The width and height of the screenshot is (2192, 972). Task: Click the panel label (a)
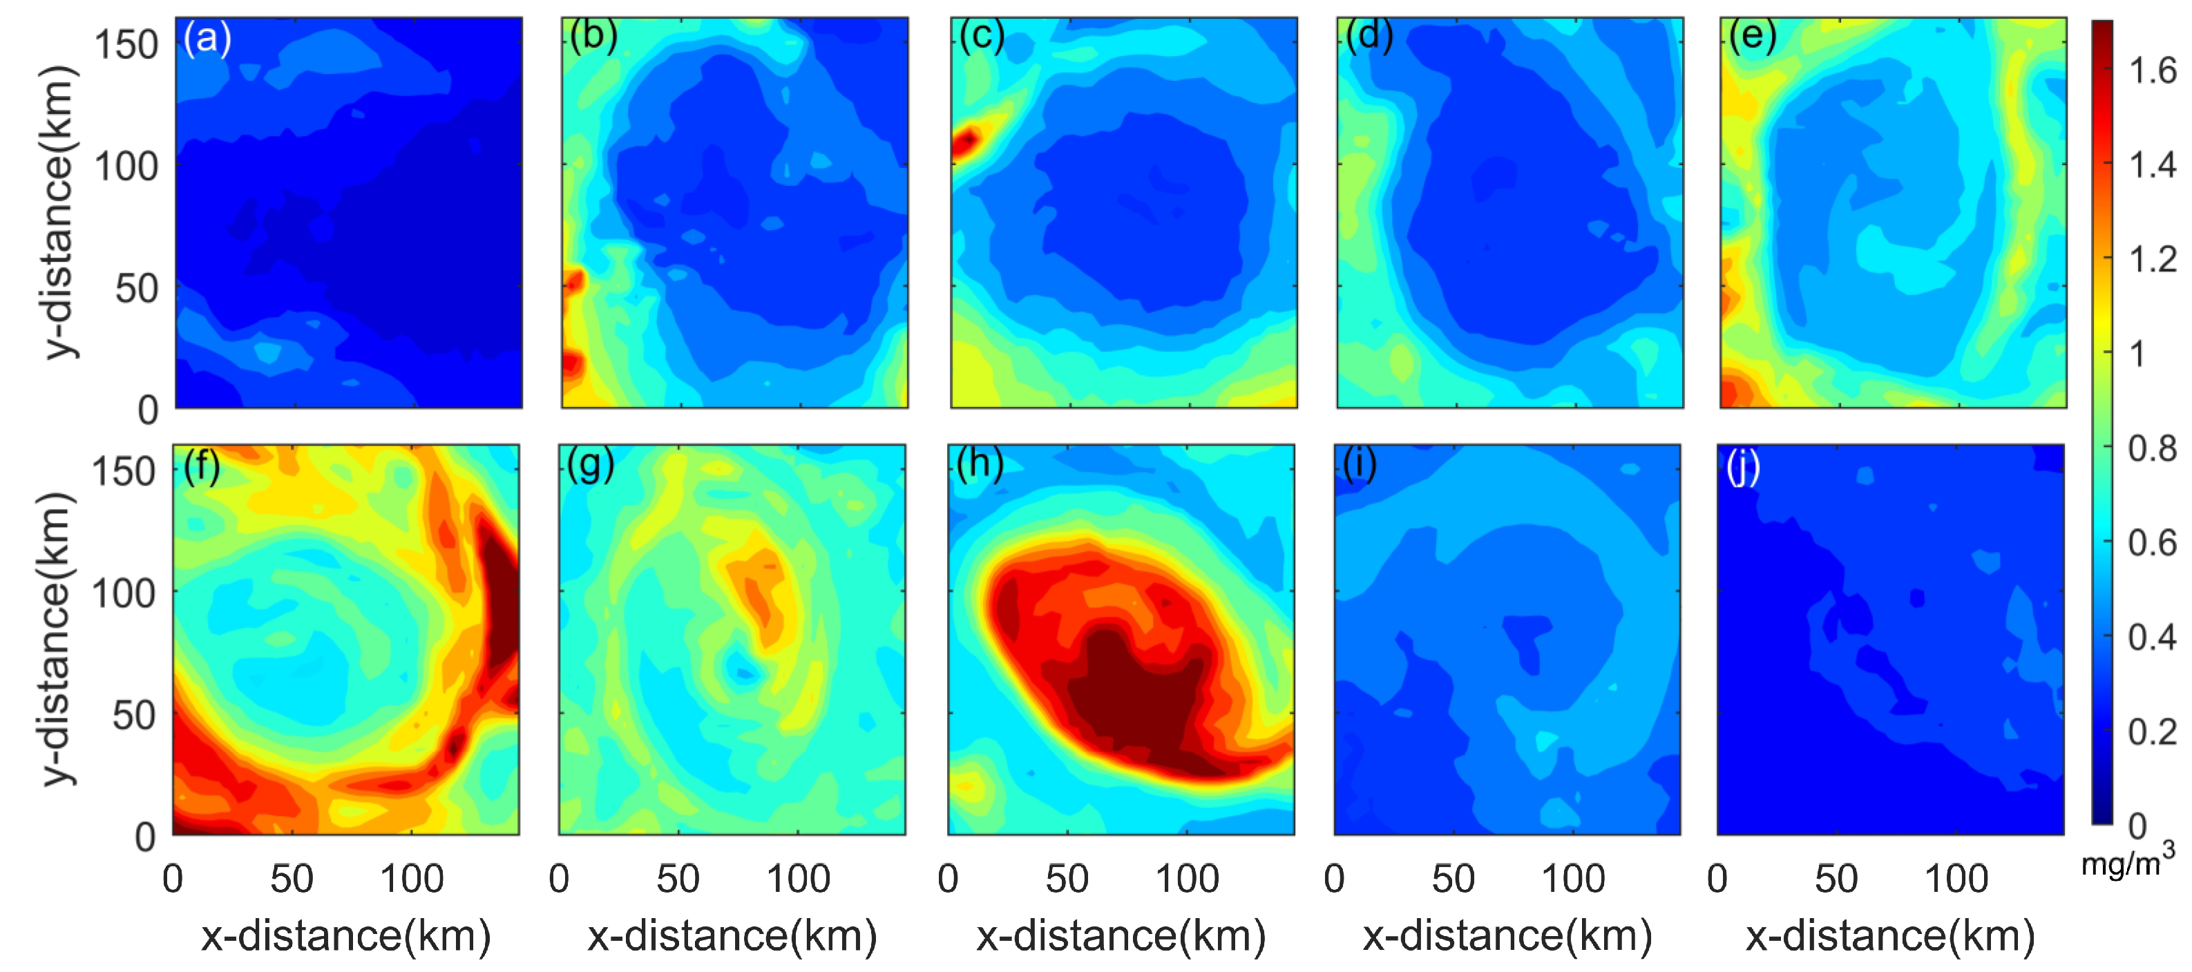click(x=207, y=39)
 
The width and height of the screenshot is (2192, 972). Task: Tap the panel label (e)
click(x=1753, y=37)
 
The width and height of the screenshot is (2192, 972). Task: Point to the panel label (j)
click(x=1744, y=466)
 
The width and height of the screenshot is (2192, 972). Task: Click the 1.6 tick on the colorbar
click(x=2152, y=70)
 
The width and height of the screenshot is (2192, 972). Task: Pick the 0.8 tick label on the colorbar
click(x=2152, y=448)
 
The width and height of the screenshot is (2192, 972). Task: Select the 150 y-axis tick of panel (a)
click(x=126, y=44)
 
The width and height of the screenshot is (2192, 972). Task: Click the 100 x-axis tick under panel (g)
click(x=797, y=878)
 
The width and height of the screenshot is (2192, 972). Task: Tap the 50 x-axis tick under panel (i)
click(x=1454, y=878)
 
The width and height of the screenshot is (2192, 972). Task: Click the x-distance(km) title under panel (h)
click(x=1121, y=936)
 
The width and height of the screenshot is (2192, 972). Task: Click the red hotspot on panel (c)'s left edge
click(x=966, y=140)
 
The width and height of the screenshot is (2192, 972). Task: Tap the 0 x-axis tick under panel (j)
click(x=1717, y=878)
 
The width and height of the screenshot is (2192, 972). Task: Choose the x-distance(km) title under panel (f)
click(x=345, y=936)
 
